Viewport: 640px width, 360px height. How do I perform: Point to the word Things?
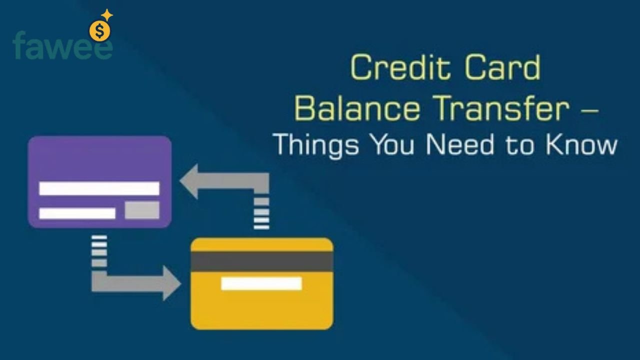click(x=316, y=144)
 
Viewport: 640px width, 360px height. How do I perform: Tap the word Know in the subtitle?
click(x=581, y=144)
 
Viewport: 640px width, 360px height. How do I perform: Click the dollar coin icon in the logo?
click(x=99, y=31)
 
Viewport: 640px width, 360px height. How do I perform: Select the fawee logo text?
click(x=62, y=46)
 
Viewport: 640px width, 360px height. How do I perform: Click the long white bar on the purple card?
click(x=99, y=188)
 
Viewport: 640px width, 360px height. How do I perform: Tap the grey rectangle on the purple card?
click(x=142, y=210)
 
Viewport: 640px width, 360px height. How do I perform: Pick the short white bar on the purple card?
click(x=77, y=213)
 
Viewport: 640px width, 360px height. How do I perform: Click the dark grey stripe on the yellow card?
click(x=261, y=260)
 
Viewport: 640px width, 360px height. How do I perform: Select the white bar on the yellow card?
click(x=261, y=283)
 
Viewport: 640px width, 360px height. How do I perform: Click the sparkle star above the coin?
click(x=107, y=15)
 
